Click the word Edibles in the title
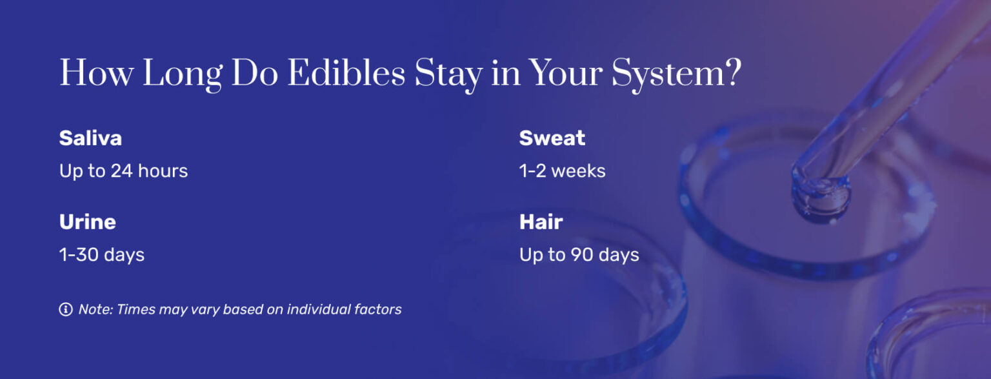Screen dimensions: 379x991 [346, 74]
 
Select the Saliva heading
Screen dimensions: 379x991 [90, 138]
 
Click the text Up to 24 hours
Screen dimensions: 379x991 [123, 171]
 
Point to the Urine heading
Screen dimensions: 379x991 [88, 222]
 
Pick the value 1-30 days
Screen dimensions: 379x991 [102, 255]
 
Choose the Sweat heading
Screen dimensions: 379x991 [552, 138]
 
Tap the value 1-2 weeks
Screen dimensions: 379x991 [562, 171]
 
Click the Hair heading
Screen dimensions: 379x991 [541, 222]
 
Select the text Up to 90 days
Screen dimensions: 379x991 [579, 255]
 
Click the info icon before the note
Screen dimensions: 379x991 [65, 309]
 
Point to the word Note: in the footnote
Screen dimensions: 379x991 [95, 309]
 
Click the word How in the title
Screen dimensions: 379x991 [96, 74]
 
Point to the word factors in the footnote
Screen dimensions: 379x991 [377, 309]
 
